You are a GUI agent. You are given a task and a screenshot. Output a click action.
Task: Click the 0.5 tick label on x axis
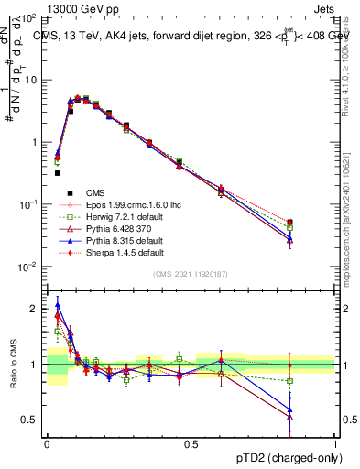click(x=191, y=443)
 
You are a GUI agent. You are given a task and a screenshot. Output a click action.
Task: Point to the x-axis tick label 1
click(x=335, y=443)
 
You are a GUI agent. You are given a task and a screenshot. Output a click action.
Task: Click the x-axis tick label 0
click(x=47, y=443)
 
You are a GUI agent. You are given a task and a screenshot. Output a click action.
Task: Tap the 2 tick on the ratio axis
click(x=36, y=309)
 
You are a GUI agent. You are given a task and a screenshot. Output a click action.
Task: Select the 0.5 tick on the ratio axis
click(x=32, y=420)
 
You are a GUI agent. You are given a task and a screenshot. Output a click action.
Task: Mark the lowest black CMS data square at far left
click(x=57, y=172)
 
